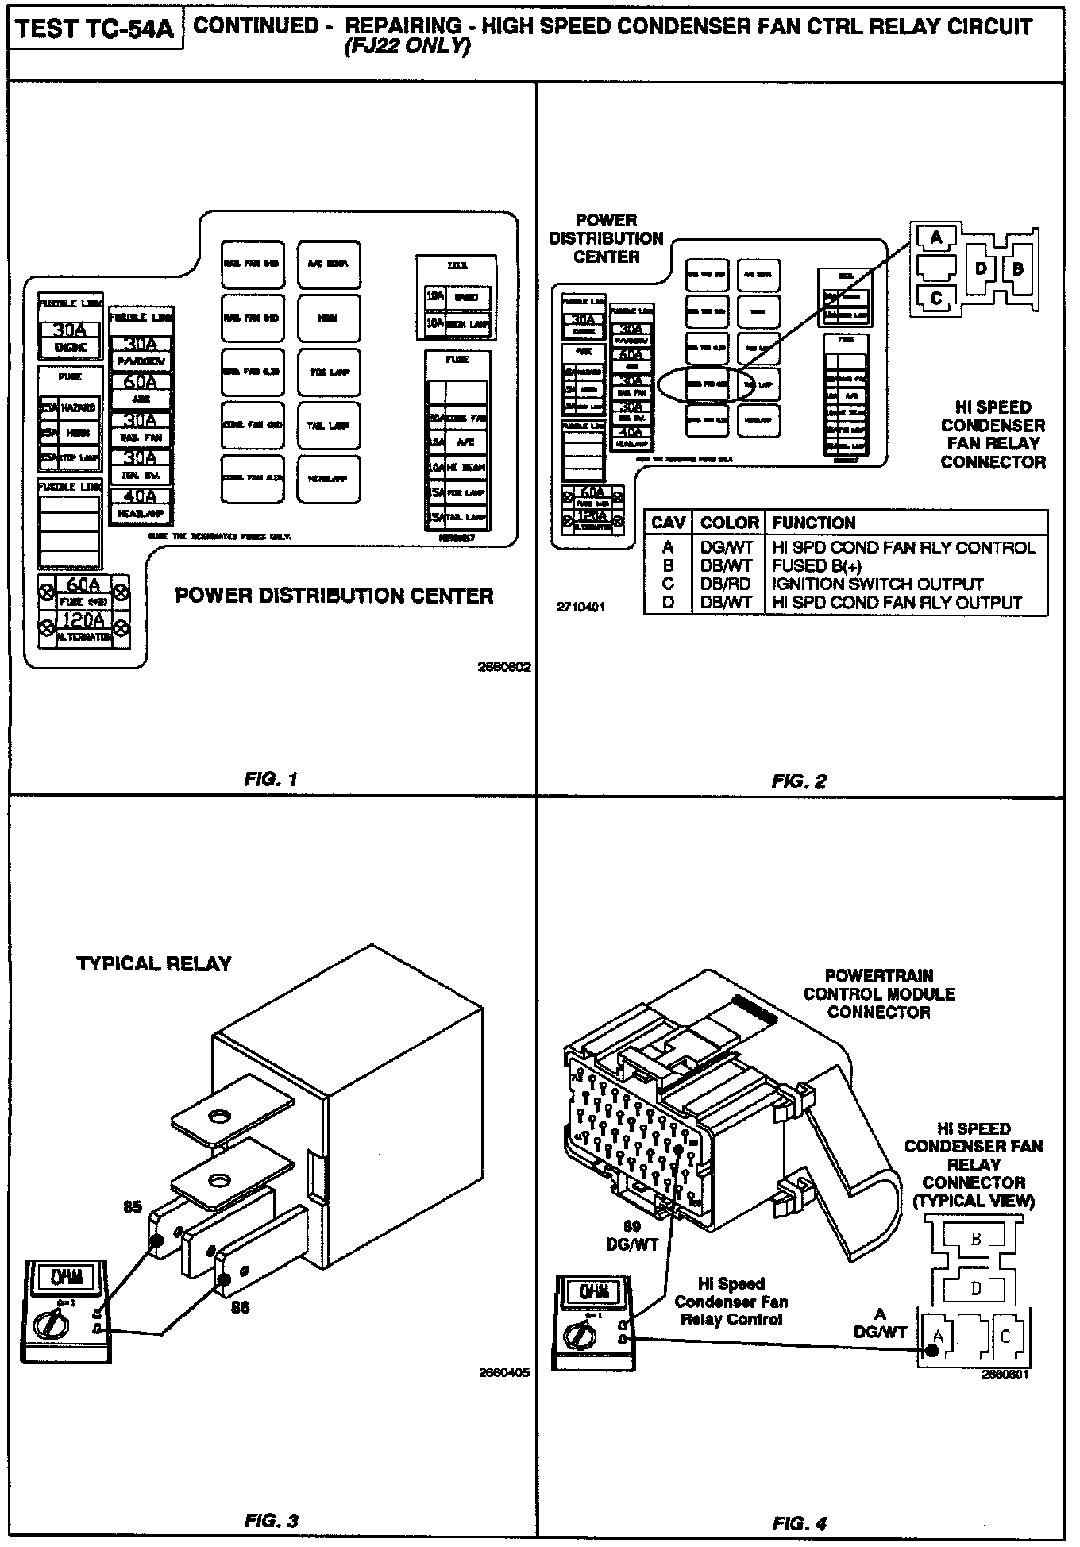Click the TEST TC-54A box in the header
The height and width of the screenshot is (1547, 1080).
click(x=95, y=29)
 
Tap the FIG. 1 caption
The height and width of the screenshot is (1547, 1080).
click(x=270, y=779)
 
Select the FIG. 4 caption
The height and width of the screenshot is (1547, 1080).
click(x=799, y=1523)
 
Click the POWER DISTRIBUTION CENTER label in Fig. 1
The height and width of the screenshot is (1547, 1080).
click(x=334, y=596)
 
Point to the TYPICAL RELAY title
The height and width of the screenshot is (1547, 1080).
click(x=154, y=963)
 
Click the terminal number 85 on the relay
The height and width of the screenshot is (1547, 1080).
click(x=133, y=1207)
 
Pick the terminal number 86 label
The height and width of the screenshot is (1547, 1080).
click(x=240, y=1307)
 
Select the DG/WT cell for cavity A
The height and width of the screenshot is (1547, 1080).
click(x=725, y=548)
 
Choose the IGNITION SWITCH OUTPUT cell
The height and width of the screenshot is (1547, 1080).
click(x=877, y=584)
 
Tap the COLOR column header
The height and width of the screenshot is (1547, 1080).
click(x=729, y=523)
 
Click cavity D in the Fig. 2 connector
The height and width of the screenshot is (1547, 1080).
click(x=981, y=268)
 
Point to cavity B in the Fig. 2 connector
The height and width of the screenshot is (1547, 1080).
click(x=1017, y=268)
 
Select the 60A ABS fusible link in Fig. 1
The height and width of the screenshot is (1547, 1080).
click(x=141, y=382)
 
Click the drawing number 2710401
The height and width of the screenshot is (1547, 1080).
click(x=581, y=607)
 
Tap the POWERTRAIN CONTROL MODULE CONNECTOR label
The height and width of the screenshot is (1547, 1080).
click(x=878, y=993)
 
